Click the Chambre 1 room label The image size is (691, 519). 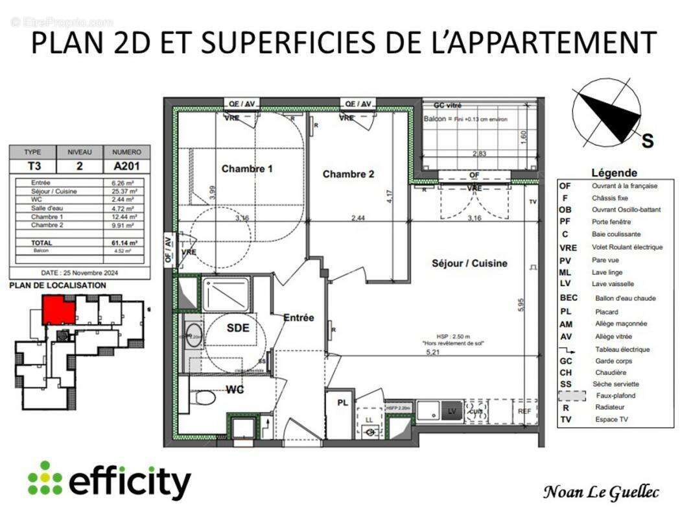point(247,169)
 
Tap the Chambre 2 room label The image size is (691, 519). point(348,174)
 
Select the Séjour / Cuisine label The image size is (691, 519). point(469,263)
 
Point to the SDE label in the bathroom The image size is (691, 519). point(237,328)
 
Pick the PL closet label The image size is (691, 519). point(342,403)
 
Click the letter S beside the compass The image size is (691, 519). point(647,142)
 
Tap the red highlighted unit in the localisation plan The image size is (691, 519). point(58,309)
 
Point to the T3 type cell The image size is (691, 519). point(32,165)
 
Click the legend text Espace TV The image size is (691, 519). point(613,420)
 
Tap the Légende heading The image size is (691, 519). point(614,173)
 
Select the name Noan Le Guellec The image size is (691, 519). point(600,492)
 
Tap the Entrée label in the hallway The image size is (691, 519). point(298,318)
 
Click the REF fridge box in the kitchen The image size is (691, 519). point(524,411)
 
